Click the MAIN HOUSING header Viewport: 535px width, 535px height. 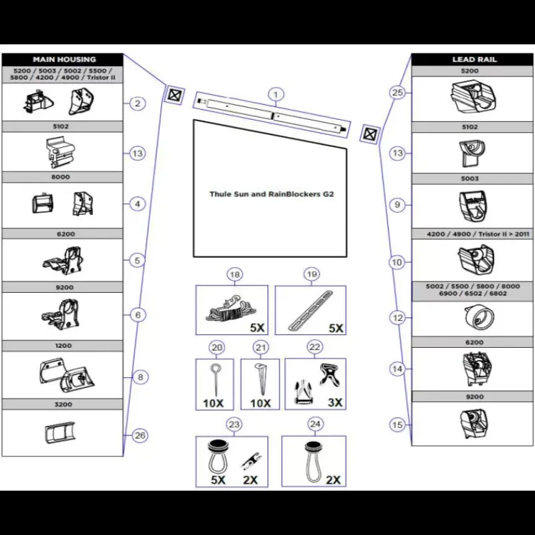coord(64,60)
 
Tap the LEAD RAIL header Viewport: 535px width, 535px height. coord(474,60)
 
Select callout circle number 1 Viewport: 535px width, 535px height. coord(276,94)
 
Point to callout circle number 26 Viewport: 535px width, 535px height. coord(140,435)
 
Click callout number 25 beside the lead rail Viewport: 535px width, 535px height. coord(397,92)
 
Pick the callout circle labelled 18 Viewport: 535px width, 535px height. coord(235,274)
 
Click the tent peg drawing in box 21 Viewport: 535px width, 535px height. coord(260,379)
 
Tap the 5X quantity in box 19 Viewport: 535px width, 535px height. coord(336,328)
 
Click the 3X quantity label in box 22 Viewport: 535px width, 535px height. coord(335,403)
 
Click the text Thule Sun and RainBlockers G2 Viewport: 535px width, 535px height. coord(272,194)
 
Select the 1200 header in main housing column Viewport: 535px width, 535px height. coord(64,346)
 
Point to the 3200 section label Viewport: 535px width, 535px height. coord(64,405)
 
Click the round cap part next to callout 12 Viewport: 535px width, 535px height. coord(479,318)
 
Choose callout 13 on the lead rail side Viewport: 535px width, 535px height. coord(397,153)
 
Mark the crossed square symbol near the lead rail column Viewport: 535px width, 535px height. coord(370,134)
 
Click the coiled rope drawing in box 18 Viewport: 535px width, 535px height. coord(231,309)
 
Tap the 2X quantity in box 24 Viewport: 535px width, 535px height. coord(333,479)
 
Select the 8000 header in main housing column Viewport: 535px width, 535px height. coord(61,177)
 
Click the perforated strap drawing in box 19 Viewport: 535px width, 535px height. coord(310,311)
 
